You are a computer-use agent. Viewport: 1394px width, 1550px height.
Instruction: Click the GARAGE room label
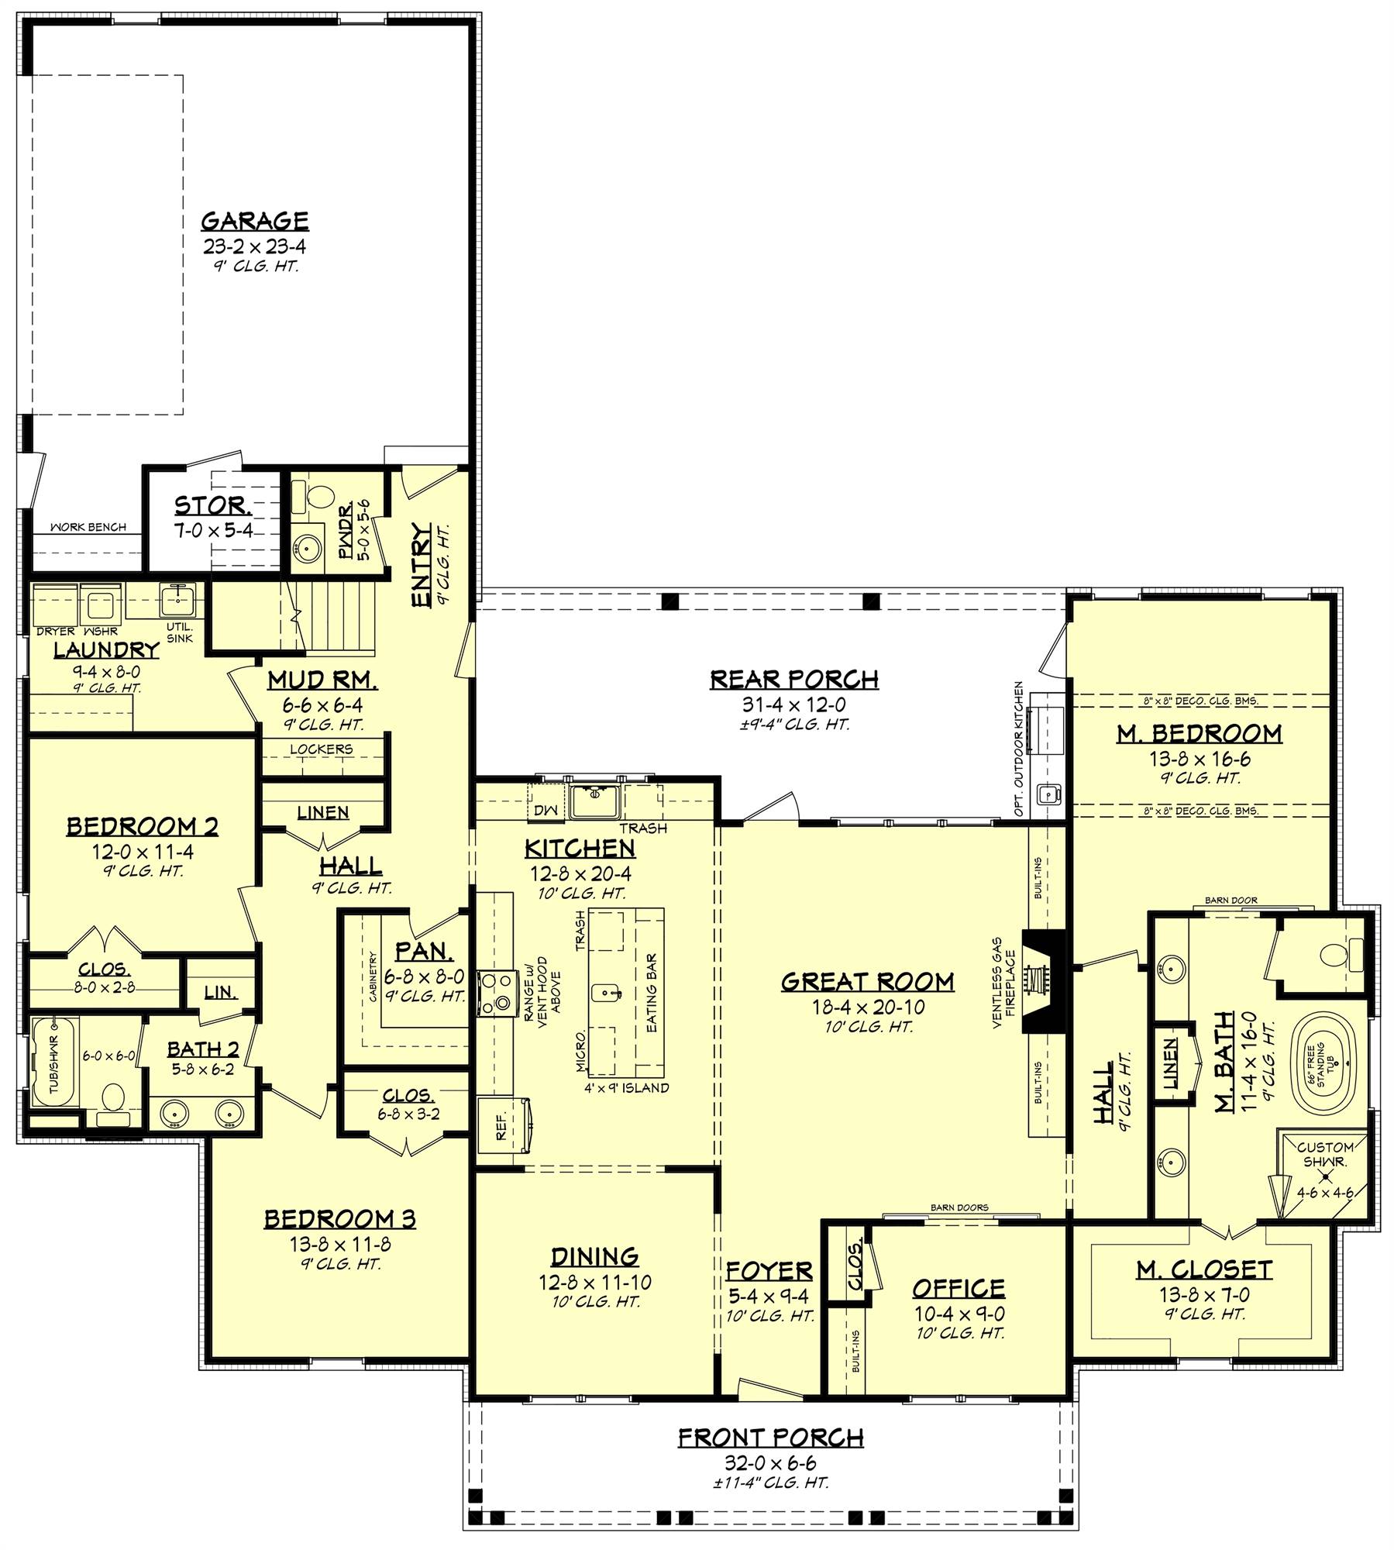[x=255, y=221]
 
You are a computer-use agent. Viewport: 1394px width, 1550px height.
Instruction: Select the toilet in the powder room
[x=317, y=494]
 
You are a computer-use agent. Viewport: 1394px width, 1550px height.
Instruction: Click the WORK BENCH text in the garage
[x=88, y=527]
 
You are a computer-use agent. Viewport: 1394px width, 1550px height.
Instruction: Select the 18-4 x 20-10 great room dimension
[x=867, y=1007]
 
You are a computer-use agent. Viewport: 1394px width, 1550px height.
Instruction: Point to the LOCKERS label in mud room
[x=321, y=749]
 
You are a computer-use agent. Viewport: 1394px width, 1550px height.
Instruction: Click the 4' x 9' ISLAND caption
[x=627, y=1087]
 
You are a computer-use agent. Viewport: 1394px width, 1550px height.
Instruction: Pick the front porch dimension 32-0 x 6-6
[x=770, y=1463]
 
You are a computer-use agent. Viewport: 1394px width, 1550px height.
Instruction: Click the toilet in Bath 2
[x=114, y=1101]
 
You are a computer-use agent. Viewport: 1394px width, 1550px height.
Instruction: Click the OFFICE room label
[x=959, y=1288]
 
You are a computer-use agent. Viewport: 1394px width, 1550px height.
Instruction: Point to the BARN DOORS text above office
[x=959, y=1207]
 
